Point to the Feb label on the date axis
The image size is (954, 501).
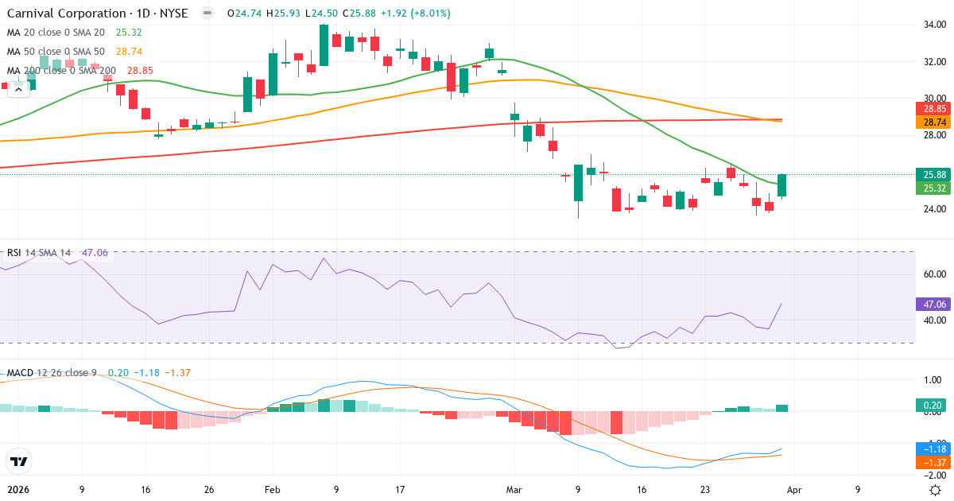[x=272, y=490]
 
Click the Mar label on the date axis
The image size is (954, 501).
[x=514, y=490]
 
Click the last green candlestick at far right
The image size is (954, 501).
[x=781, y=185]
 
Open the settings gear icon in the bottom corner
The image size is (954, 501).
[x=936, y=490]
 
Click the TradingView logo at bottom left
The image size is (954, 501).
[x=18, y=461]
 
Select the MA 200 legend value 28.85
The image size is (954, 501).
[x=135, y=71]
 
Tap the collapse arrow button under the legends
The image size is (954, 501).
[x=18, y=89]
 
